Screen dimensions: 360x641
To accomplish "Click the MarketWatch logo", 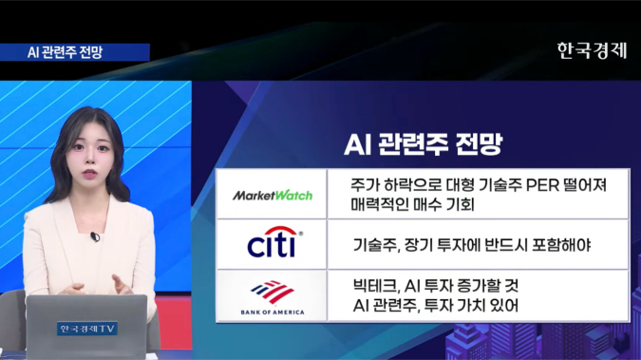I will click(x=273, y=195).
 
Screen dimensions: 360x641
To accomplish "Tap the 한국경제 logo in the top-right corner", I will click(x=592, y=50).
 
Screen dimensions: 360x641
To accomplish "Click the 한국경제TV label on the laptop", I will click(x=85, y=329).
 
